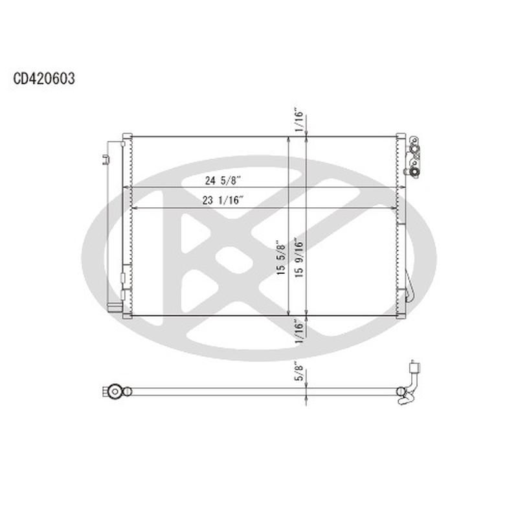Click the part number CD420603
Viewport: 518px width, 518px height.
coord(43,79)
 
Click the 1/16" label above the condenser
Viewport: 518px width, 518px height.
coord(298,121)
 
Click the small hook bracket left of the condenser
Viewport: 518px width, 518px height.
coord(104,159)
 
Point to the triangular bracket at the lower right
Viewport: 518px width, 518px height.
coord(406,295)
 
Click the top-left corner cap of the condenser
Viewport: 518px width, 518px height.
coord(128,137)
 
